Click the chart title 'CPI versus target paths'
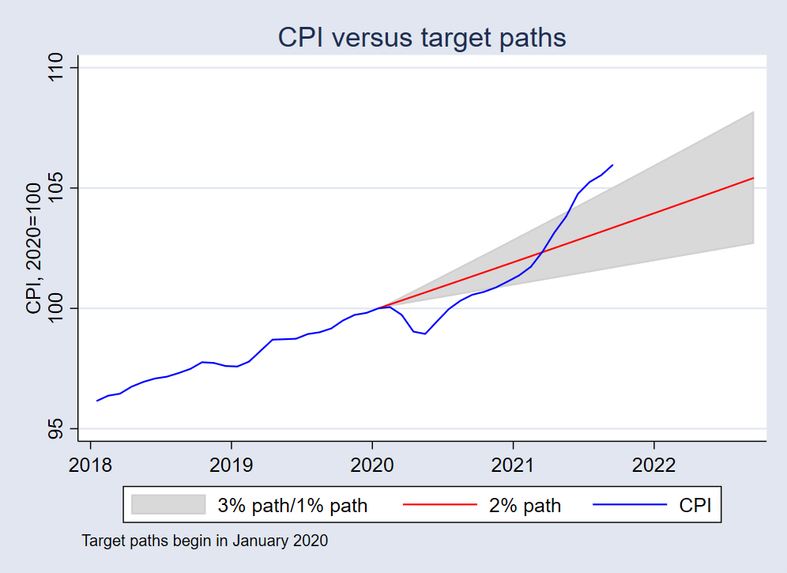tap(421, 37)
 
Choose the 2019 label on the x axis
tap(231, 465)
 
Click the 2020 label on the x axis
tap(372, 465)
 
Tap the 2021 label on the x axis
tap(514, 465)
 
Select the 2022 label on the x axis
tap(654, 465)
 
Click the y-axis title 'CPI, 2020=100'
tap(33, 248)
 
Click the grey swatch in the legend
tap(168, 505)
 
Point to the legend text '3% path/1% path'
tap(292, 505)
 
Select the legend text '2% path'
tap(525, 505)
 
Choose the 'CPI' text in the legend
tap(695, 505)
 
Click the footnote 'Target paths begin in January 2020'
tap(205, 541)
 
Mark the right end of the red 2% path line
tap(754, 178)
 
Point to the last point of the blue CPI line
tap(612, 165)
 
